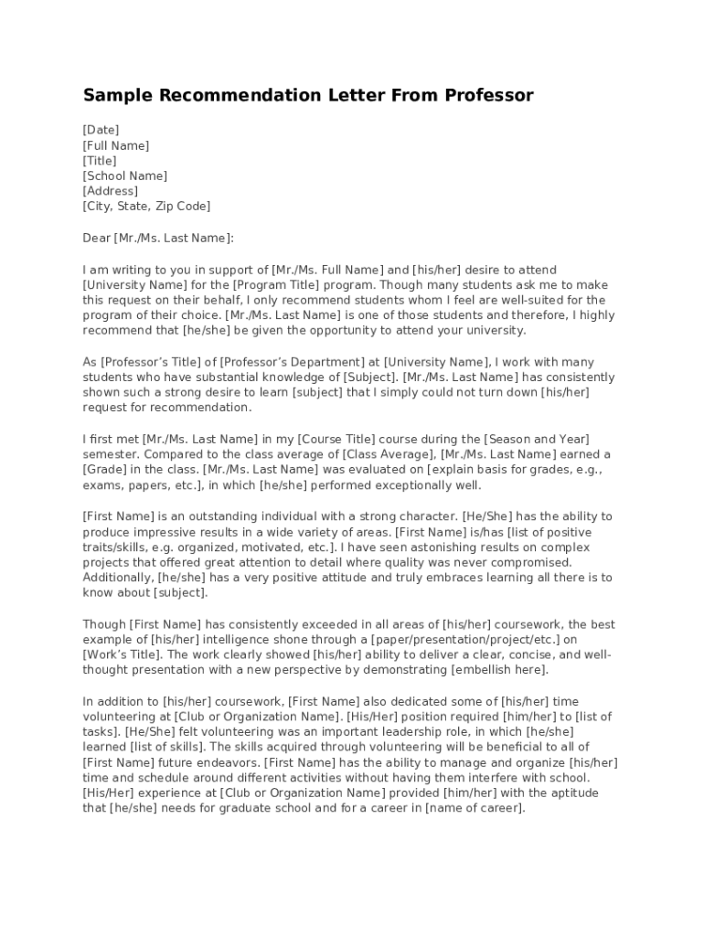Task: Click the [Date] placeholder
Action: tap(101, 130)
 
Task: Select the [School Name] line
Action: tap(124, 175)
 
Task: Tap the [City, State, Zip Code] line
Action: tap(146, 207)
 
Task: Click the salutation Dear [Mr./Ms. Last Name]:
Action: tap(158, 238)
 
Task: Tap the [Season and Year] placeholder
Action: tap(536, 440)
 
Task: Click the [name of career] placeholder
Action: tap(475, 809)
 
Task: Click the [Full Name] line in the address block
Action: tap(116, 145)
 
